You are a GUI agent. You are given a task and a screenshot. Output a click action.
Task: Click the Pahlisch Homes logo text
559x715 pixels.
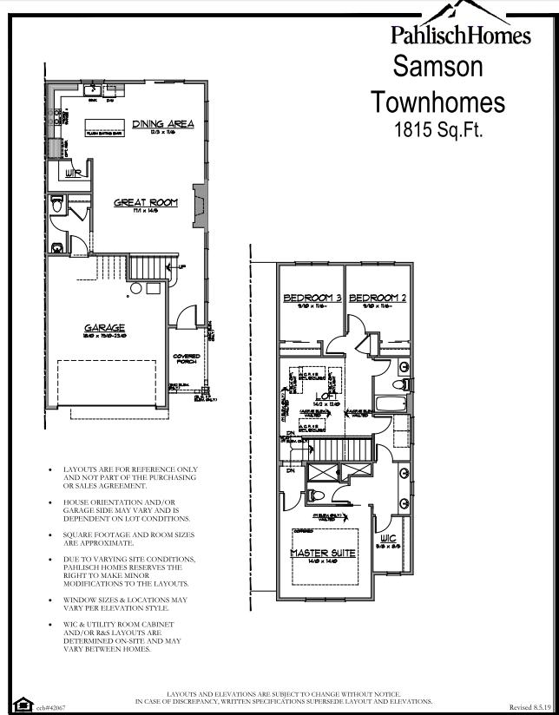click(460, 35)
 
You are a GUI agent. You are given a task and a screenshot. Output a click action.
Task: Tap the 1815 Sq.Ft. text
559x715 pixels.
click(438, 131)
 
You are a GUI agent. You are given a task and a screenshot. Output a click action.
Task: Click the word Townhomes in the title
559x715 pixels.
click(438, 102)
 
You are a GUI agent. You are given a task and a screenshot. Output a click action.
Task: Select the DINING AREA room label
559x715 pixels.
click(162, 124)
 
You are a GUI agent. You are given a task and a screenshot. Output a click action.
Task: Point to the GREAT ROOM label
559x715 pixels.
click(146, 202)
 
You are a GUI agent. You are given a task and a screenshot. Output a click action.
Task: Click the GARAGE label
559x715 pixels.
click(104, 328)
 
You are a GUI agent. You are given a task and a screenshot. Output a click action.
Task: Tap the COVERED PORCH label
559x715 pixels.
click(187, 358)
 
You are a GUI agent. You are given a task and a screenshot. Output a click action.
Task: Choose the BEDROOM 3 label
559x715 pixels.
click(310, 298)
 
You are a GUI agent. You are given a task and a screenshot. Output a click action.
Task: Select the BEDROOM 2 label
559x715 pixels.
click(378, 298)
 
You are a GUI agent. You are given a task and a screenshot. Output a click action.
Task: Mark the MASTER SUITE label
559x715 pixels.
click(323, 552)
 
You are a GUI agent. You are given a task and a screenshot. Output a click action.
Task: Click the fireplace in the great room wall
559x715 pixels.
click(200, 207)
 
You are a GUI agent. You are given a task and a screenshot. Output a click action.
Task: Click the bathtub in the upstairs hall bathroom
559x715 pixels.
click(387, 405)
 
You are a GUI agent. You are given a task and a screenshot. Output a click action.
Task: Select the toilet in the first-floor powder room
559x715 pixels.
click(58, 207)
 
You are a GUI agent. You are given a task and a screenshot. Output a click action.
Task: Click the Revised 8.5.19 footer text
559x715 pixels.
click(529, 707)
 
